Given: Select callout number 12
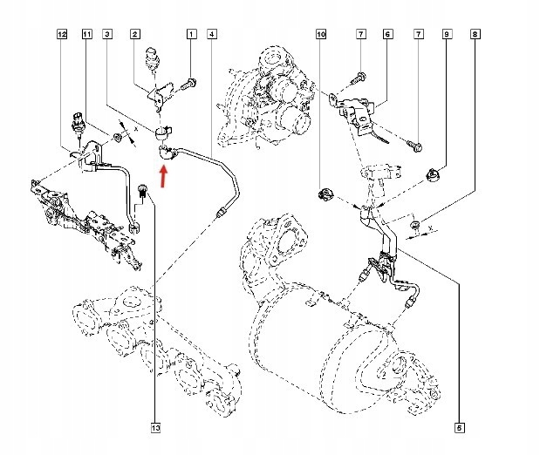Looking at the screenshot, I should click(61, 34).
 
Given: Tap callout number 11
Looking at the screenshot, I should click(86, 34).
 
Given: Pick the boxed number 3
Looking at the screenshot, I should click(106, 34).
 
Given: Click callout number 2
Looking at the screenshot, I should click(135, 34).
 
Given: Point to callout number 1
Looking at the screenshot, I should click(191, 34).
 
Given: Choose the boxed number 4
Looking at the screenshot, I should click(213, 34).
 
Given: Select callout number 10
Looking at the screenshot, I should click(320, 34).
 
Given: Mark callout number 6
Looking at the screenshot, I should click(386, 34).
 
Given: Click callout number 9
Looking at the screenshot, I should click(446, 34).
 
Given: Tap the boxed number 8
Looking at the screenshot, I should click(474, 34).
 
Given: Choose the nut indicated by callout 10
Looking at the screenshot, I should click(325, 193).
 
